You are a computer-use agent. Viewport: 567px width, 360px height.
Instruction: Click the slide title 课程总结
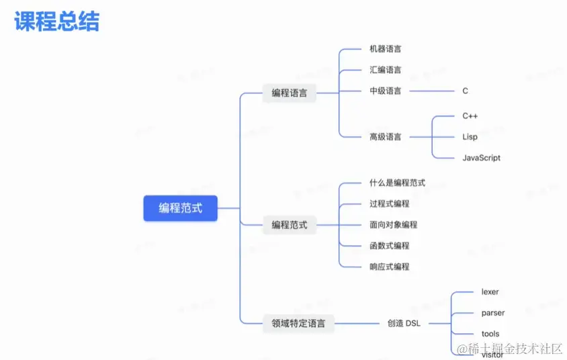point(56,21)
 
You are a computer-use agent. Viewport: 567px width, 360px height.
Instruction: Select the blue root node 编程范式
point(180,208)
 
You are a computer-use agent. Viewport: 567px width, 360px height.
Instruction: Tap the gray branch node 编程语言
point(289,93)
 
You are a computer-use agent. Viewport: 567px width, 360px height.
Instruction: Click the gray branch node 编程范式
point(289,225)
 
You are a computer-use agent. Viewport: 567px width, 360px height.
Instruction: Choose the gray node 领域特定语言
point(298,324)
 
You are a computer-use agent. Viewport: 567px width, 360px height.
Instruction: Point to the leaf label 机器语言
point(386,49)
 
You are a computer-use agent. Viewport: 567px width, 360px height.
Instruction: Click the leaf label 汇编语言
point(386,70)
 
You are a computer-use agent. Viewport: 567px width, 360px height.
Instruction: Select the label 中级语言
point(386,91)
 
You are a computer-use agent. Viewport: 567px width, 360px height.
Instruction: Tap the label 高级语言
point(386,137)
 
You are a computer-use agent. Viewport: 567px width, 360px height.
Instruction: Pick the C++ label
point(470,116)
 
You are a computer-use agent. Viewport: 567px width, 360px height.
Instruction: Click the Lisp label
point(470,137)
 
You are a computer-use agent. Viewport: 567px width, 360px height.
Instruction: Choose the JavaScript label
point(481,158)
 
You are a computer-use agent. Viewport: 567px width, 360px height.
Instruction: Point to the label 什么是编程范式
point(397,183)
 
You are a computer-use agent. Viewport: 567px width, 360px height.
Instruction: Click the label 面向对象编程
point(394,224)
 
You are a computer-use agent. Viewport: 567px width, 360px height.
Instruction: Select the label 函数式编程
point(390,246)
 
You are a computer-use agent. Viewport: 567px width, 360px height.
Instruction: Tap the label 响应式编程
point(390,267)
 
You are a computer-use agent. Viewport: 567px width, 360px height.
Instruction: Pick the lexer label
point(490,292)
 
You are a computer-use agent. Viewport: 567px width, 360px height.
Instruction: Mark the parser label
point(493,313)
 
